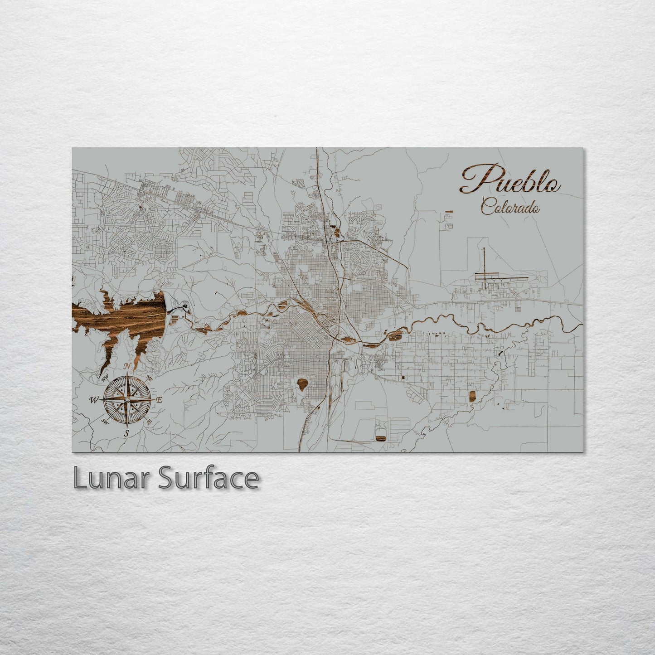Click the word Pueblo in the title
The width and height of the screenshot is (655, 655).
pos(510,180)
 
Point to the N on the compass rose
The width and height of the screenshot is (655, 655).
pos(128,366)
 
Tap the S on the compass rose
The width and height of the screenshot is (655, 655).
pos(127,432)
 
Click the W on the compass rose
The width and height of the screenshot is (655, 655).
pos(94,400)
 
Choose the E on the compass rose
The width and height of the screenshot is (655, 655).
pos(159,400)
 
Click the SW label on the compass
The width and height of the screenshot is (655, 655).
pos(105,422)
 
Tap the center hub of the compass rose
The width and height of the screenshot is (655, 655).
pos(127,399)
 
